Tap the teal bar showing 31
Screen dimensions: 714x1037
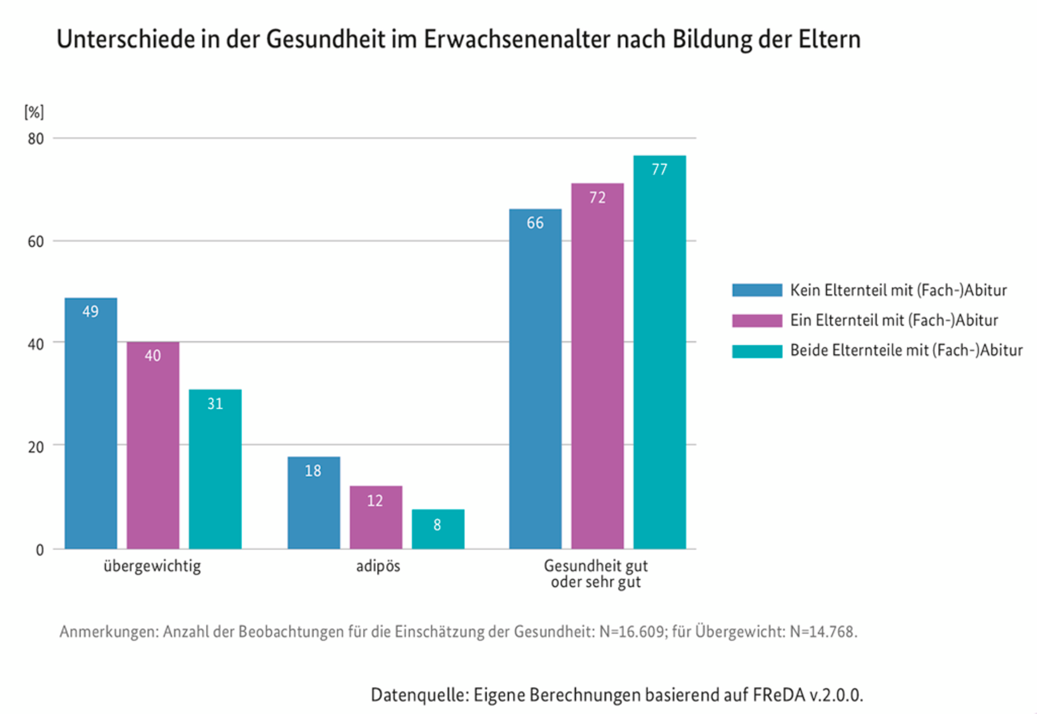click(x=215, y=469)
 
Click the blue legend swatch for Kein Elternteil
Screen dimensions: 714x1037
click(x=756, y=290)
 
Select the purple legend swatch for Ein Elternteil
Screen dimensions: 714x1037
click(x=756, y=320)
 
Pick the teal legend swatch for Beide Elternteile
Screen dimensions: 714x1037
click(x=756, y=350)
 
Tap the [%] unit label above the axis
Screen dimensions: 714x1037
click(x=34, y=112)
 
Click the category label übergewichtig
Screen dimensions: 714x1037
click(x=152, y=566)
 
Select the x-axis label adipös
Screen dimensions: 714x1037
click(x=378, y=566)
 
